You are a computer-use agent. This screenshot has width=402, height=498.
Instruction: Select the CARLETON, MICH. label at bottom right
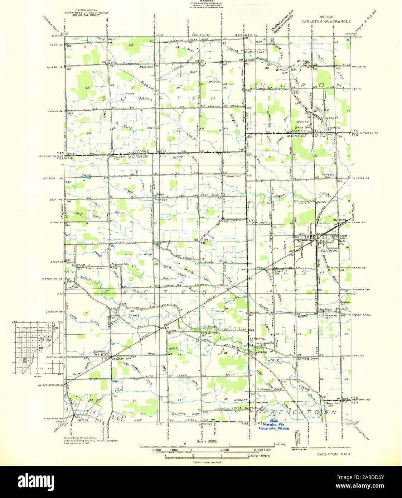pos(334,454)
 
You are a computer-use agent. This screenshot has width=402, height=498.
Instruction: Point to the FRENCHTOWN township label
pos(301,412)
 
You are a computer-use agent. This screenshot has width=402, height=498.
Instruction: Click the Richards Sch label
pos(232,176)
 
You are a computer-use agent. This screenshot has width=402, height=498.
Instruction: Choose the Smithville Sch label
pos(255,52)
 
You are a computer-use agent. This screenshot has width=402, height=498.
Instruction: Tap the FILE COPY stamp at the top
pos(250,13)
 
